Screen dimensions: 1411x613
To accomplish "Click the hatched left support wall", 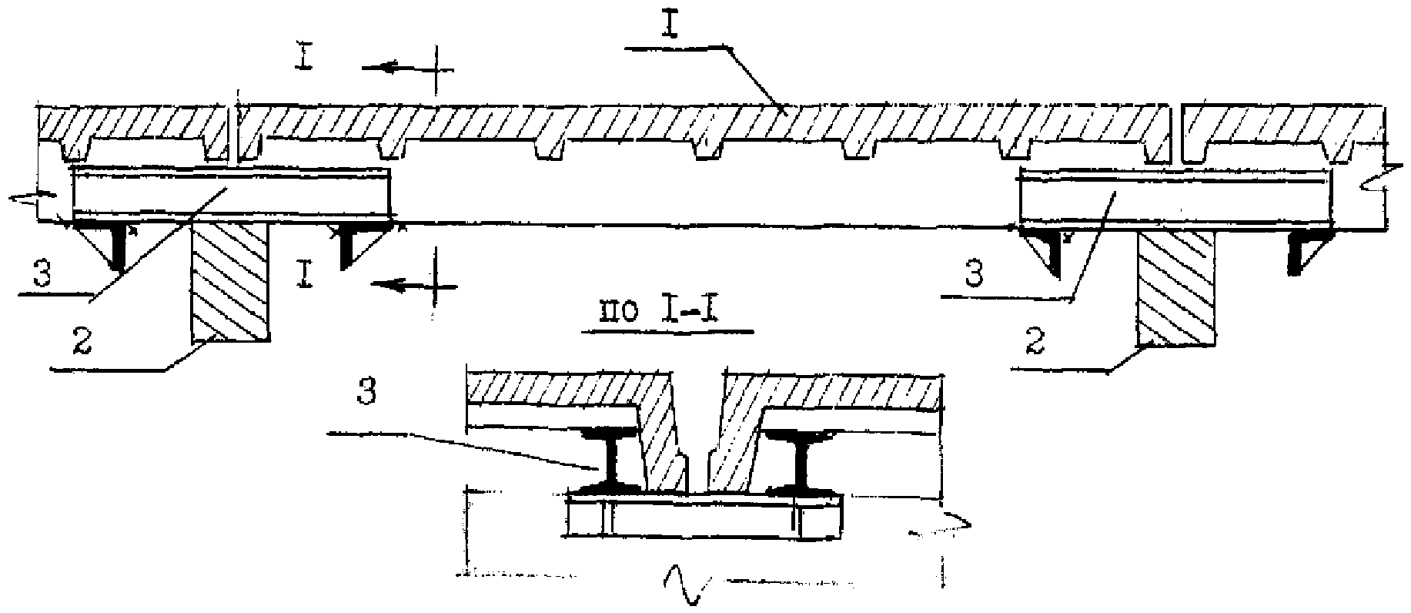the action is pyautogui.click(x=230, y=281).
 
